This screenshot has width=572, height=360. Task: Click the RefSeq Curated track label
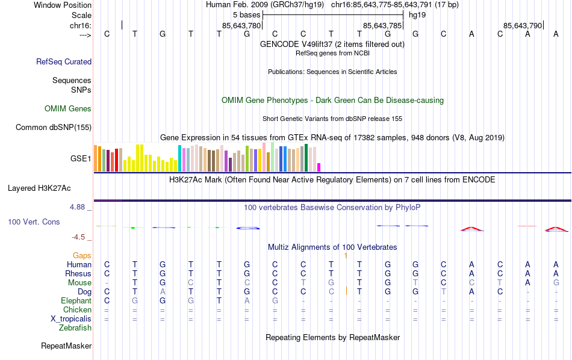click(x=64, y=61)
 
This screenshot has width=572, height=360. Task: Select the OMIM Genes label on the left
click(x=68, y=109)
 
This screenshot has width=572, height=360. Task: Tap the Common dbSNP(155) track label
click(x=54, y=127)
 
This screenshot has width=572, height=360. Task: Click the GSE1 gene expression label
click(x=81, y=159)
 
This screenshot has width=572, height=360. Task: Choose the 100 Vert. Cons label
click(x=34, y=222)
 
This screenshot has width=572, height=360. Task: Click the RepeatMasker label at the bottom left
click(x=66, y=346)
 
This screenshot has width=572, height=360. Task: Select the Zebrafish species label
click(x=75, y=328)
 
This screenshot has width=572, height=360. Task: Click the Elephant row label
click(x=76, y=300)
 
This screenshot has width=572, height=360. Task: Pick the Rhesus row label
click(x=78, y=273)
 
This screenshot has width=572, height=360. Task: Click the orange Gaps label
click(x=82, y=255)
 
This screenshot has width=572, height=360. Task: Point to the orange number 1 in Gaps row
click(x=346, y=255)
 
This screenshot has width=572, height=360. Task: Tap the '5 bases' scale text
click(x=246, y=14)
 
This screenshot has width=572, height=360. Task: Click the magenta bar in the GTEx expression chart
click(x=319, y=167)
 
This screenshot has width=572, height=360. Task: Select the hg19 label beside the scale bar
click(x=417, y=14)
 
